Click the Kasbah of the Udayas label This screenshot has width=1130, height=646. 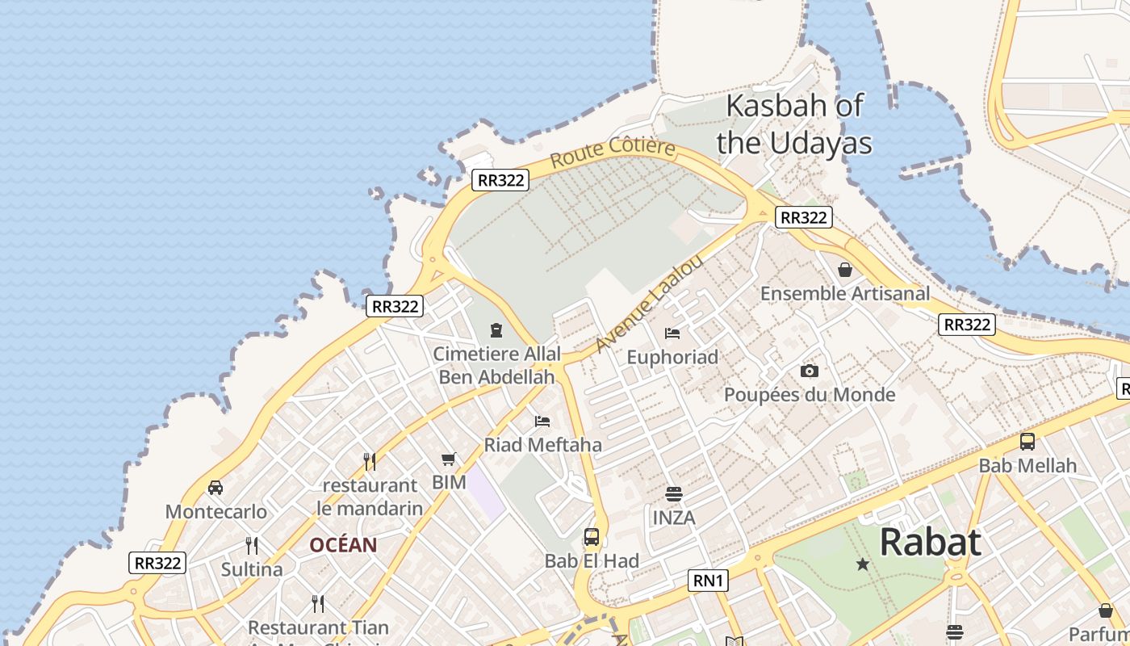click(794, 124)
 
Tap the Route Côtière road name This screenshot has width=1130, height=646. click(612, 152)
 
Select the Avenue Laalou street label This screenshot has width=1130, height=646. click(649, 304)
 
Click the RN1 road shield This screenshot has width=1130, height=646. click(708, 580)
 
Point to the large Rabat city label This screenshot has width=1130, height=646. click(930, 542)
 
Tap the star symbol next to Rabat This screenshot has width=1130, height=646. click(863, 564)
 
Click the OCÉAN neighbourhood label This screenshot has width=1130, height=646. click(343, 545)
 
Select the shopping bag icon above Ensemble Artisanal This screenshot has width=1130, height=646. click(845, 270)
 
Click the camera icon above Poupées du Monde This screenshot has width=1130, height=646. click(809, 371)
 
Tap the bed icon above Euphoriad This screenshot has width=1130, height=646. click(672, 333)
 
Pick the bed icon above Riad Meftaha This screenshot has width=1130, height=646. click(542, 421)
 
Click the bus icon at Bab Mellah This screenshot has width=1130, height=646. click(1027, 442)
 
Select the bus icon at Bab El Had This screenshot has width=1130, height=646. click(592, 537)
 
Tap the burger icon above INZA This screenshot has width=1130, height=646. click(673, 493)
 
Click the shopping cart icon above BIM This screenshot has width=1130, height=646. click(449, 459)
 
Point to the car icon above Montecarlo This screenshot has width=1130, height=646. click(216, 487)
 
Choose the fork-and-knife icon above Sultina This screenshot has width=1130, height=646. click(252, 545)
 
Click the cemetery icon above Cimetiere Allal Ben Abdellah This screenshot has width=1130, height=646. click(496, 330)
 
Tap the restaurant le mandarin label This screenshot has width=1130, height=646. click(370, 497)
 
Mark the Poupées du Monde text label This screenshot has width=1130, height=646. click(810, 395)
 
